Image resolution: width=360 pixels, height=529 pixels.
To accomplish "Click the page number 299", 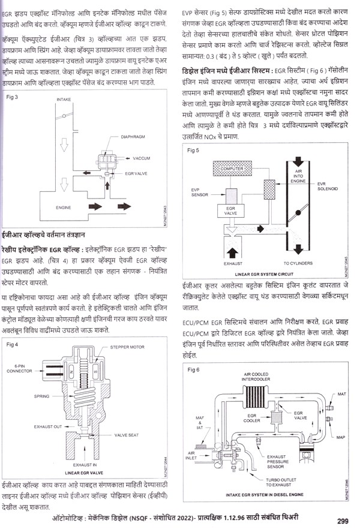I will pos(343,520).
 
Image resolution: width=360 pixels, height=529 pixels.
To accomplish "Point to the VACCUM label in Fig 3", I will pos(141,158).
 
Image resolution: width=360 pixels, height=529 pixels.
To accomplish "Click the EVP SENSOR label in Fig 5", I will pos(199,192).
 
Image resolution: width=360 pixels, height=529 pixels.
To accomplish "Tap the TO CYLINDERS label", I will pos(298,263).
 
